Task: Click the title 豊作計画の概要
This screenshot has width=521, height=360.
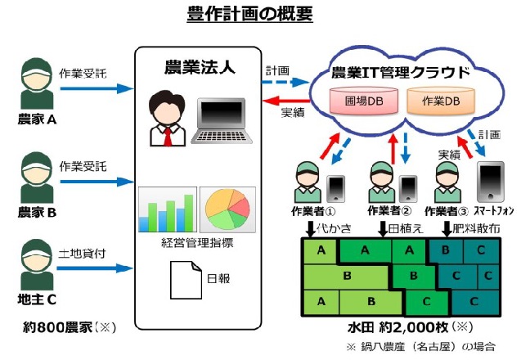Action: [260, 14]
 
